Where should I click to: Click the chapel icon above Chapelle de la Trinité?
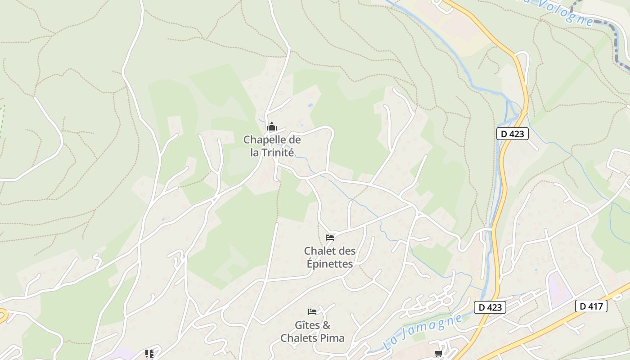point(271,127)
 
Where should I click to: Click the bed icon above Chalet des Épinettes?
point(330,237)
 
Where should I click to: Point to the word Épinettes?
point(330,264)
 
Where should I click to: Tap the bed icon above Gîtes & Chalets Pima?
point(312,311)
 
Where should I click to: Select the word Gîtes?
point(306,325)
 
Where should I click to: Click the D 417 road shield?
point(591,306)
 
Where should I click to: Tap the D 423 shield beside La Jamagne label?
point(490,307)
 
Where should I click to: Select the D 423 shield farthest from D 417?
point(512,134)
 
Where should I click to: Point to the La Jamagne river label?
point(423,332)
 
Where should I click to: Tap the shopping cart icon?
point(438,354)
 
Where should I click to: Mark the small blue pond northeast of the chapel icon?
point(310,105)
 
